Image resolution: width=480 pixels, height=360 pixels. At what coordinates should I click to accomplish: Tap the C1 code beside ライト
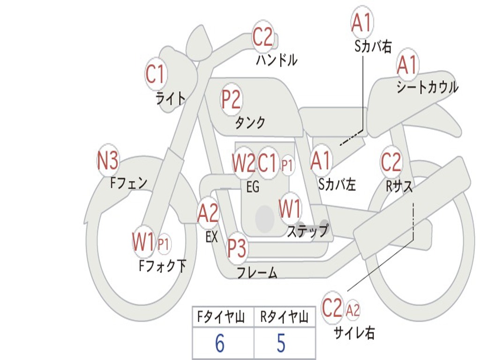[x=156, y=74]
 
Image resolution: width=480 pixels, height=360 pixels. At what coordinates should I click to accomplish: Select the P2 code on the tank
[x=231, y=99]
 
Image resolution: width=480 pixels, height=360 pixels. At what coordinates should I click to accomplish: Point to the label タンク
[x=250, y=123]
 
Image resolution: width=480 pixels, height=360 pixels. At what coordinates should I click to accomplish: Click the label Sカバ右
[x=373, y=46]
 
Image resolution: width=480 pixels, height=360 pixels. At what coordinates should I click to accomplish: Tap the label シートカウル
[x=427, y=87]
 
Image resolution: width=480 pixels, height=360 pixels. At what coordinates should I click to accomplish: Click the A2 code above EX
[x=208, y=213]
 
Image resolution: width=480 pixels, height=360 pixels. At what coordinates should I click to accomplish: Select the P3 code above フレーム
[x=237, y=248]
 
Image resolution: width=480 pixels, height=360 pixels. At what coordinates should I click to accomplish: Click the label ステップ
[x=307, y=232]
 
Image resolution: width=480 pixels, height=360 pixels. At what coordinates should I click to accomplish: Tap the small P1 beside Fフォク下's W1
[x=164, y=244]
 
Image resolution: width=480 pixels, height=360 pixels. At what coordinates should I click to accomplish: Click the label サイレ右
[x=354, y=333]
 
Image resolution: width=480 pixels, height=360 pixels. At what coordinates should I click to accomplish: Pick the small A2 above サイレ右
[x=352, y=310]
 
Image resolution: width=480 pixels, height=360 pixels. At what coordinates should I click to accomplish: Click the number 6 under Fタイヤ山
[x=219, y=344]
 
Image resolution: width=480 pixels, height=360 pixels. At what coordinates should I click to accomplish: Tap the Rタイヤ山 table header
[x=284, y=318]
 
